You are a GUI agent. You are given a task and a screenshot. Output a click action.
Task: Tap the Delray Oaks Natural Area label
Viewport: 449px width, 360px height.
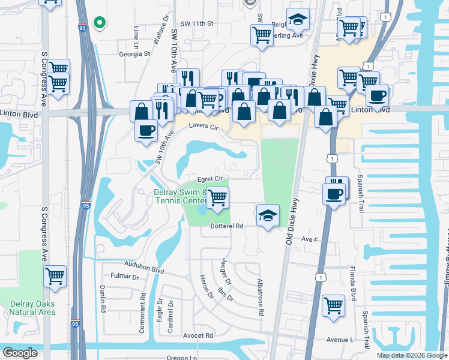(x=32, y=308)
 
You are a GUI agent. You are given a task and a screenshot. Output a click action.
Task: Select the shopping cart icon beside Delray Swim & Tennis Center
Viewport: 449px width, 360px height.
(x=217, y=196)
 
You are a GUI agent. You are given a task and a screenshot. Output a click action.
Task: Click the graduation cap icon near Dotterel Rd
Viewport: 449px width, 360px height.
(x=268, y=215)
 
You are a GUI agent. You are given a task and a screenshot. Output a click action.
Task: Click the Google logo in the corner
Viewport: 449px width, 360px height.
(x=20, y=353)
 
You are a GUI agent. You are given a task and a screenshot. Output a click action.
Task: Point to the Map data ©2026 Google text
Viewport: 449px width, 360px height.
(x=411, y=355)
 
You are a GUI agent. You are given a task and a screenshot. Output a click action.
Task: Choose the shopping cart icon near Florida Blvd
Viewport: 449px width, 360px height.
(x=333, y=304)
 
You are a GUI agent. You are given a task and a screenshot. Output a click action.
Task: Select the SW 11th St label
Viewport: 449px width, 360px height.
(x=197, y=23)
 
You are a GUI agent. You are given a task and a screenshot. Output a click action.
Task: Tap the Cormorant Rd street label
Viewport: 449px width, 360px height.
(x=143, y=304)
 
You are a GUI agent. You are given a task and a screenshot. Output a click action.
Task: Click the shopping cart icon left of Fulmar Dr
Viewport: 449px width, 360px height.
(x=55, y=277)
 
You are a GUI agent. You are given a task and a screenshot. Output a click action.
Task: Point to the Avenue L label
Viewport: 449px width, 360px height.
(x=341, y=340)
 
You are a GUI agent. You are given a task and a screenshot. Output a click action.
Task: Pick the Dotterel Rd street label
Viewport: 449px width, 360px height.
(x=226, y=226)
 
